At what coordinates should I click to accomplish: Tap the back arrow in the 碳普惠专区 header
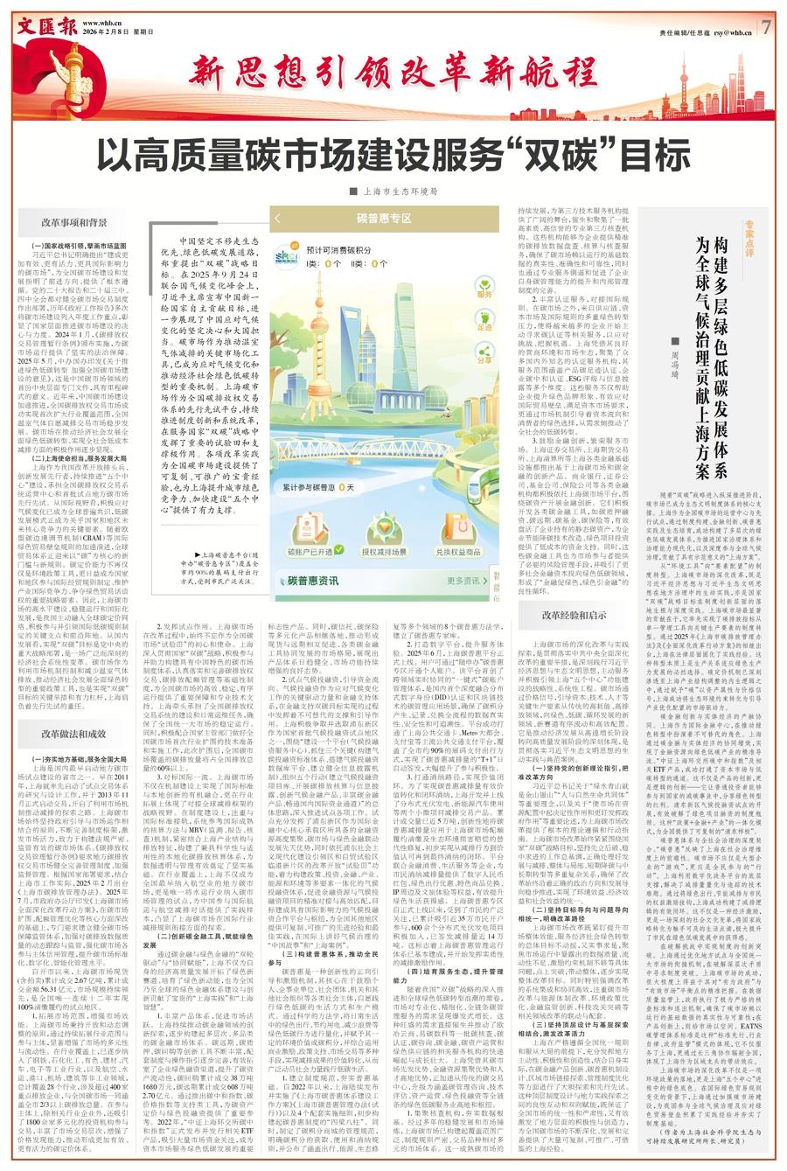pyautogui.click(x=279, y=218)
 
